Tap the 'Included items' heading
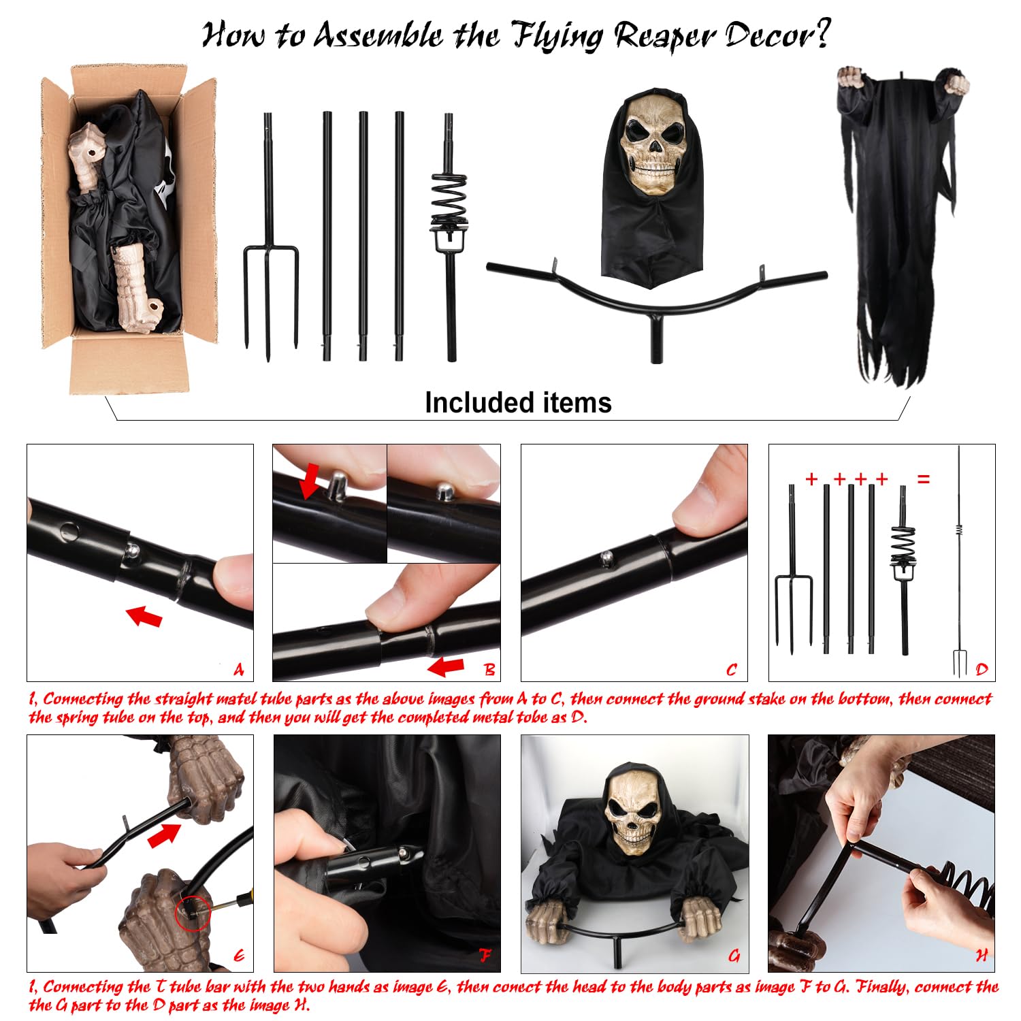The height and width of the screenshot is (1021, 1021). click(x=518, y=402)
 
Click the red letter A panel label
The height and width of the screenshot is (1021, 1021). click(x=238, y=670)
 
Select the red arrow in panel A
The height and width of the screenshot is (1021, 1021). click(x=144, y=616)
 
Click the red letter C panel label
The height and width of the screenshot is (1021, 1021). click(x=732, y=670)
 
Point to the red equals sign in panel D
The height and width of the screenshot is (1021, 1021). click(x=924, y=479)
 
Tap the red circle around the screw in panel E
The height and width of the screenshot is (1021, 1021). click(x=192, y=912)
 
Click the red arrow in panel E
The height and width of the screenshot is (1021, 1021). click(x=165, y=834)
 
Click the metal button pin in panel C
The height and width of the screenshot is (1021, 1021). click(x=605, y=558)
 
